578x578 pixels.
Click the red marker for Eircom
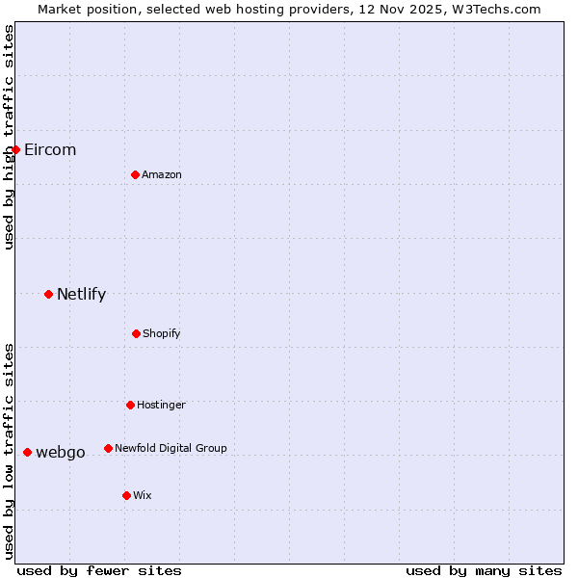coord(15,149)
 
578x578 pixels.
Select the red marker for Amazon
coord(135,174)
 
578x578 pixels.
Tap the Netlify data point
coord(48,294)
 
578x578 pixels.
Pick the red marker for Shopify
coord(136,333)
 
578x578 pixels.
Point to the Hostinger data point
coord(130,405)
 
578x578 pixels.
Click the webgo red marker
coord(27,452)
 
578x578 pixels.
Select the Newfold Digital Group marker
coord(108,448)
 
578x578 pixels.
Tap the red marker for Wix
coord(126,495)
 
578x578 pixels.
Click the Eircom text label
coord(50,149)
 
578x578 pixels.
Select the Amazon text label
coord(162,174)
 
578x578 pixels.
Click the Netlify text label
coord(81,294)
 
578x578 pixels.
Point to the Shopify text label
coord(162,333)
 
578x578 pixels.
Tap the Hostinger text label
coord(161,405)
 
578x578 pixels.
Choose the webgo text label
coord(61,452)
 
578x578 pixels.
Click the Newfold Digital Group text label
coord(171,448)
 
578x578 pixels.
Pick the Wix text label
coord(143,495)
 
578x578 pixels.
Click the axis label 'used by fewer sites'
coord(99,570)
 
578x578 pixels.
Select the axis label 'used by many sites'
coord(484,570)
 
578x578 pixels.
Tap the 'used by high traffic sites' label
coord(9,137)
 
